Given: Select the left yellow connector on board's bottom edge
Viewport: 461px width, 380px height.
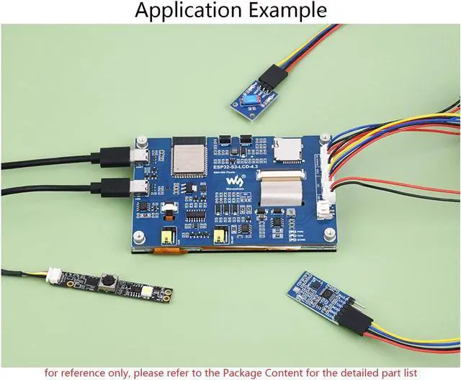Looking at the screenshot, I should coord(171,237).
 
